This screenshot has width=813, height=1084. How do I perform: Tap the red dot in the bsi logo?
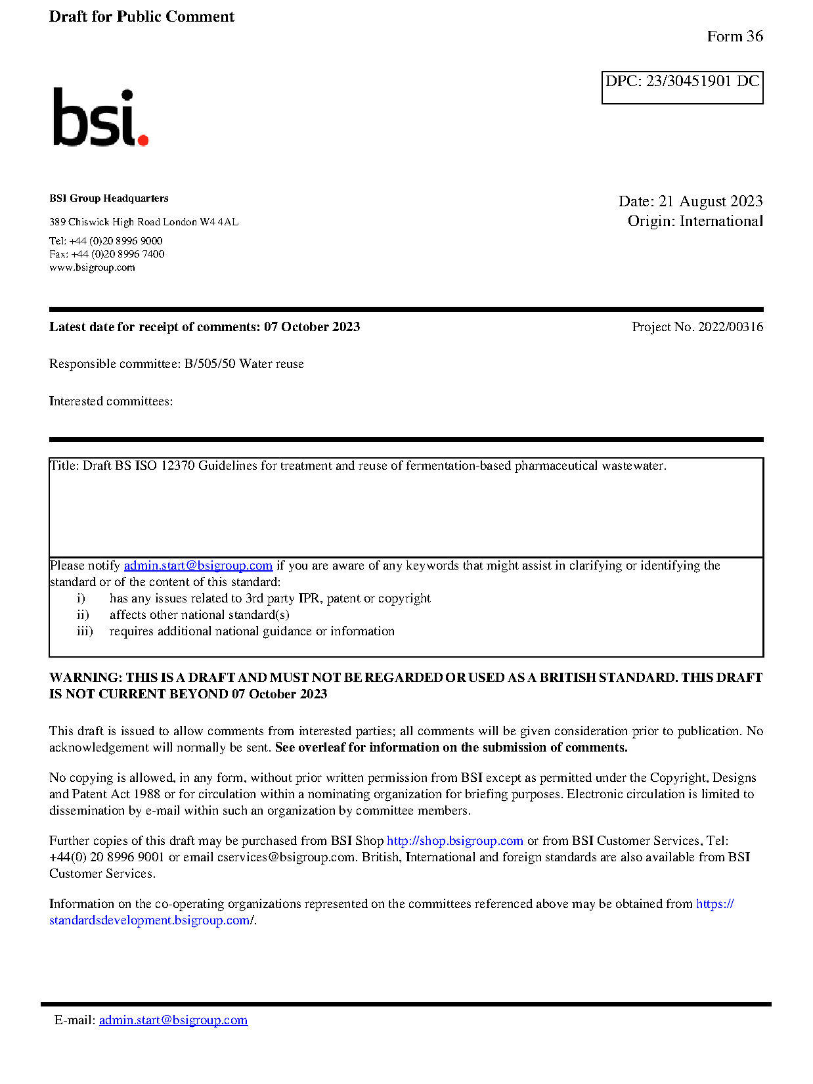click(143, 139)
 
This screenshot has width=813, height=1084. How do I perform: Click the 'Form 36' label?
click(734, 37)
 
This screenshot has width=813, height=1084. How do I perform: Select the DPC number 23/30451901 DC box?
click(682, 87)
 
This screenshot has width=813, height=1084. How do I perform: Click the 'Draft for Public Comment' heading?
click(141, 17)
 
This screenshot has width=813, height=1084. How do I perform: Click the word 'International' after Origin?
click(721, 221)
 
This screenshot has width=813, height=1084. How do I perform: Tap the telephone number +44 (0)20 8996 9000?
click(116, 241)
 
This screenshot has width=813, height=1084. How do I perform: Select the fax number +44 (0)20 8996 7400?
click(118, 254)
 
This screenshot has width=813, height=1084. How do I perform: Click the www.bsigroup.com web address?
click(92, 267)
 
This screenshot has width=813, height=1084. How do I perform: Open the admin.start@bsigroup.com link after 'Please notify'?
click(198, 566)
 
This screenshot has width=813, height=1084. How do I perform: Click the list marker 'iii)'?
click(85, 631)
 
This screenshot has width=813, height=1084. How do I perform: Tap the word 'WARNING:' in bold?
click(85, 678)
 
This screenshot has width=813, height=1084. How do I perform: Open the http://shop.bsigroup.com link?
click(454, 841)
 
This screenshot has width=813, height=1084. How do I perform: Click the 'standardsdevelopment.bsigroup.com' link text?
click(149, 920)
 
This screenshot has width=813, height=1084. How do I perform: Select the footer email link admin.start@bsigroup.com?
click(173, 1020)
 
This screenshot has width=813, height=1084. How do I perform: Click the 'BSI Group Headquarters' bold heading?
click(108, 198)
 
